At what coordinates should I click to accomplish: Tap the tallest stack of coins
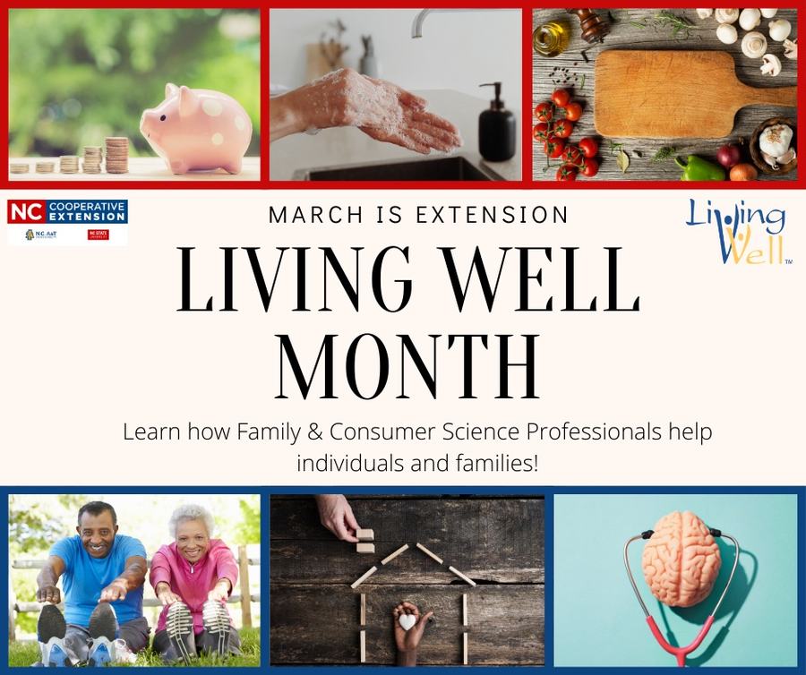[x=116, y=155]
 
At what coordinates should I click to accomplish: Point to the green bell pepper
[x=699, y=167]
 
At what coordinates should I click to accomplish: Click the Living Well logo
[x=736, y=230]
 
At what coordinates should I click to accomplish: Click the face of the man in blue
[x=96, y=527]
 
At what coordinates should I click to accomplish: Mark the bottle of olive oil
[x=549, y=37]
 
